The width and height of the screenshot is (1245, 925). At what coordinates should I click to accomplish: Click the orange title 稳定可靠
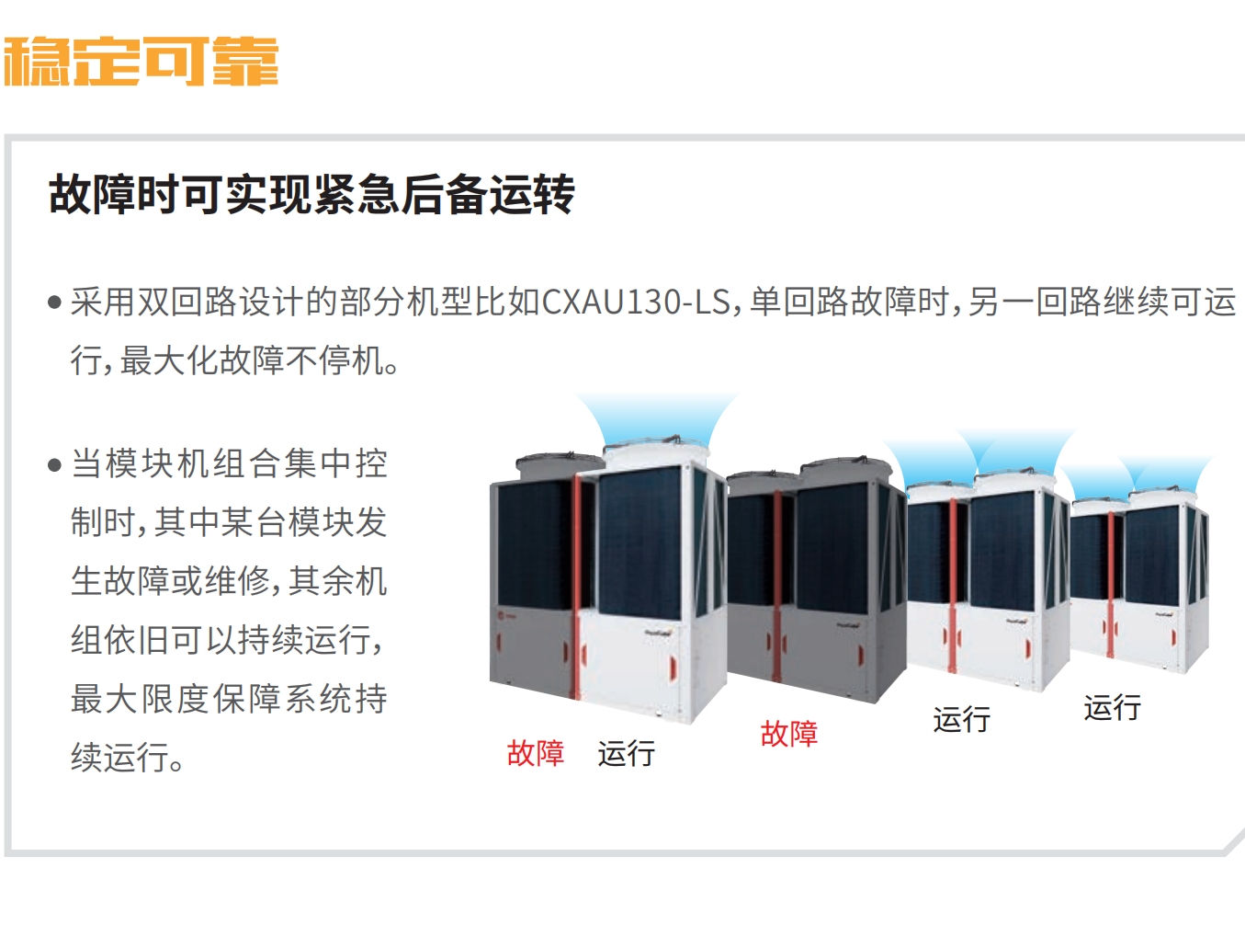coord(141,62)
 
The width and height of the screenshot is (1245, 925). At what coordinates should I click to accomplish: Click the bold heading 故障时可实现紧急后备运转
coord(311,194)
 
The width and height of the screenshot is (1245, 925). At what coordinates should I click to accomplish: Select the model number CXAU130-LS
coord(637,303)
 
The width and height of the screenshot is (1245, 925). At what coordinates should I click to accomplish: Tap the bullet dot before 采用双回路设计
coord(54,303)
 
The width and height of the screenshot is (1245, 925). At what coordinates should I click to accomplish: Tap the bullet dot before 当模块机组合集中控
coord(54,465)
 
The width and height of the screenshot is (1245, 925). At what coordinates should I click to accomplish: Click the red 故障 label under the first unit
coord(536,753)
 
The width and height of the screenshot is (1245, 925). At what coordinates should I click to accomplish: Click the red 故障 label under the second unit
coord(789,734)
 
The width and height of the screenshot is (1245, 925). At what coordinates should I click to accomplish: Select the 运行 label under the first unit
coord(627,753)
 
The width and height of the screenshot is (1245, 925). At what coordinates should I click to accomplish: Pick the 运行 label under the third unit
coord(961,719)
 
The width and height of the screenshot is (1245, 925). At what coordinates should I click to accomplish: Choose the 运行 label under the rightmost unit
coord(1113,707)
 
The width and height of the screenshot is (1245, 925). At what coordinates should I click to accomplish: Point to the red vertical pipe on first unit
coord(576,588)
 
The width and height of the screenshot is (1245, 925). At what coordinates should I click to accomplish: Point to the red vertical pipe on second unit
coord(777,586)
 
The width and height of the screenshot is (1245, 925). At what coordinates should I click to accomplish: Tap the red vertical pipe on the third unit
coord(953,586)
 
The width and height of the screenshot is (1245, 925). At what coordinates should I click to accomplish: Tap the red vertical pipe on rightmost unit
coord(1110,585)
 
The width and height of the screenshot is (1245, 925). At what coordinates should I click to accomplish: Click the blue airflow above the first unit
coord(657,418)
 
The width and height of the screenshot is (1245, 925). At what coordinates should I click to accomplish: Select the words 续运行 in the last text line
coord(119,758)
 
